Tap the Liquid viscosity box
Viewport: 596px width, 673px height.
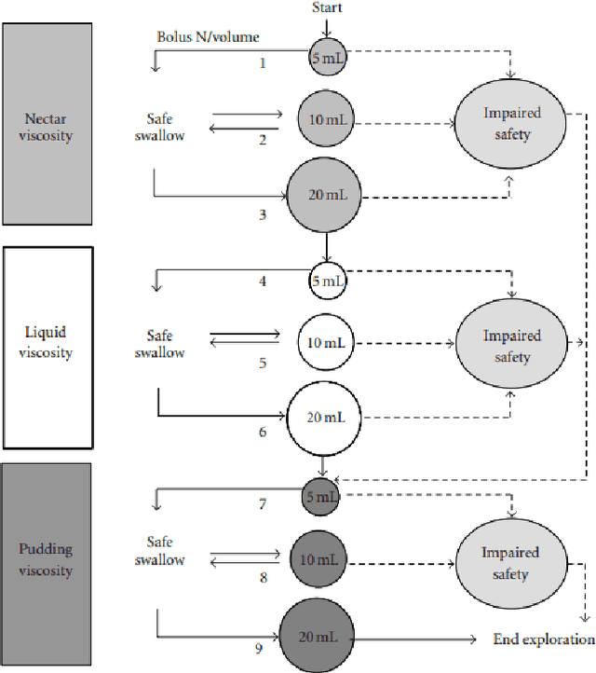tap(48, 347)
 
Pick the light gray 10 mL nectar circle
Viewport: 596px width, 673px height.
tap(326, 121)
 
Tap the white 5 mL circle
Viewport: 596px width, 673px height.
tap(327, 280)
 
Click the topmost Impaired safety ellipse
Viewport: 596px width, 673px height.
tap(510, 123)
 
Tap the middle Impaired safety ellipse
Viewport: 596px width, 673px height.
tap(511, 346)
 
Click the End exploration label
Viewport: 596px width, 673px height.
tap(543, 639)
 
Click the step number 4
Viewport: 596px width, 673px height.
tap(264, 281)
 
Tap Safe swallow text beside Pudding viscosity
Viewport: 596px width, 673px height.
tap(166, 551)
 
